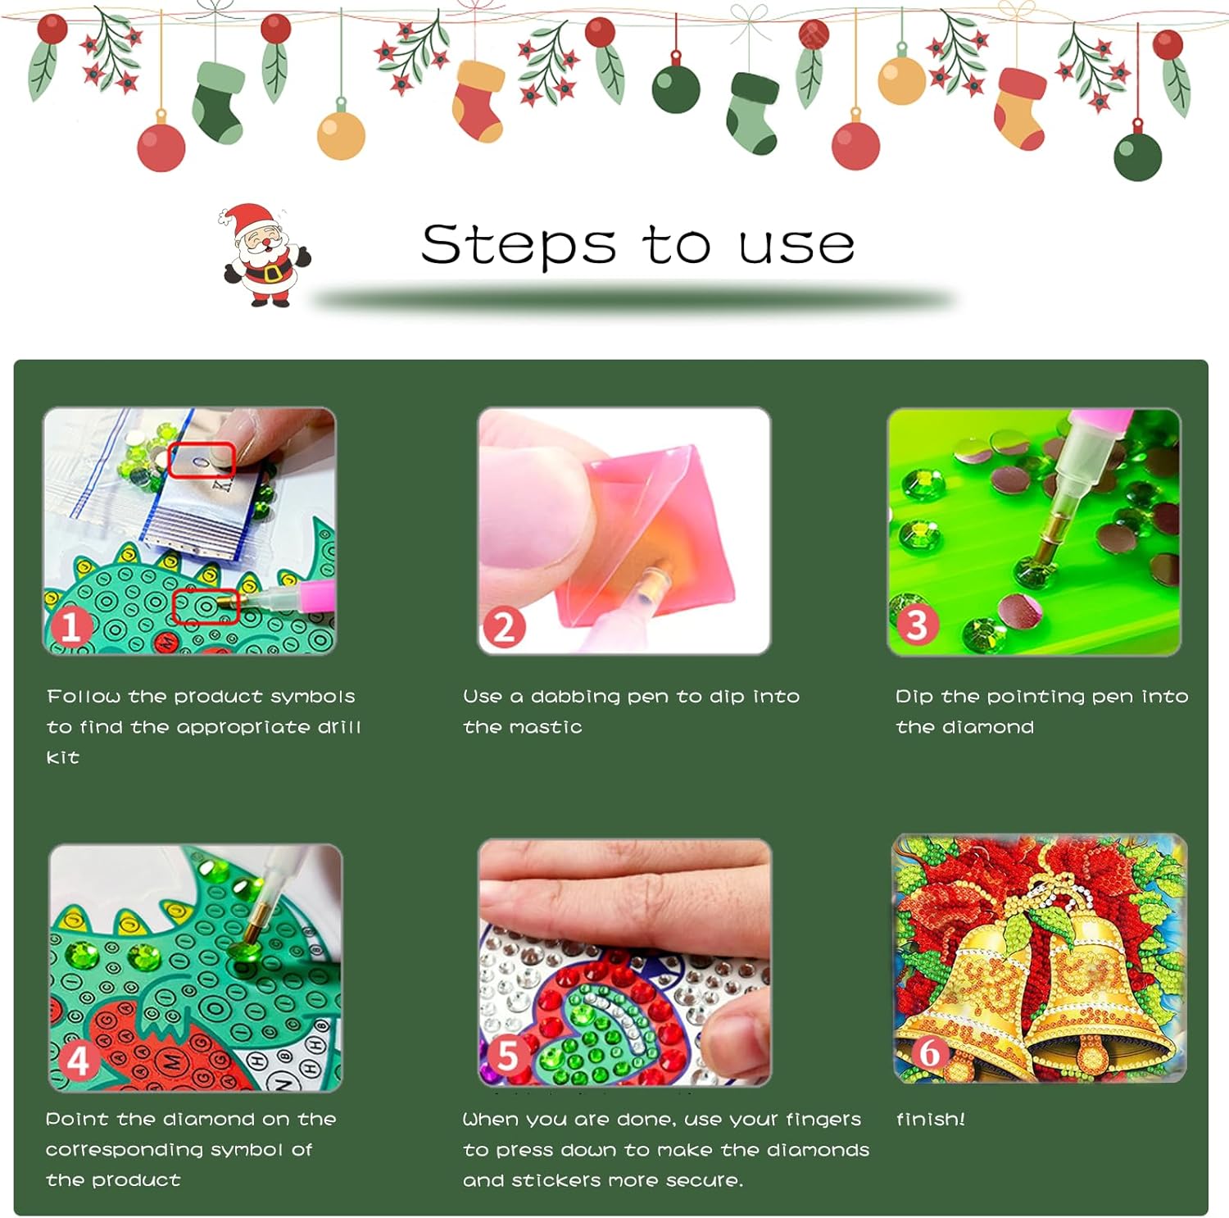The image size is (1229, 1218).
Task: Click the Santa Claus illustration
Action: pos(265,255)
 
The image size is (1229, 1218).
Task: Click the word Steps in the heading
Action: pos(519,245)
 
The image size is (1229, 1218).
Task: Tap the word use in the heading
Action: pos(796,246)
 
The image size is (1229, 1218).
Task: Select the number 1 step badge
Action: pos(70,627)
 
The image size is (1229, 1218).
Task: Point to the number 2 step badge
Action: pos(504,627)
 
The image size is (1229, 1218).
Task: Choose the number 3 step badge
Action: pos(917,625)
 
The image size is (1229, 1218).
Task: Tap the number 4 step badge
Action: pos(78,1061)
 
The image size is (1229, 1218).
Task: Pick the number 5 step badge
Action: pos(507,1055)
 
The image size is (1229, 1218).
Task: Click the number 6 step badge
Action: pos(928,1052)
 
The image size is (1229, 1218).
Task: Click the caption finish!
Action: pos(931,1119)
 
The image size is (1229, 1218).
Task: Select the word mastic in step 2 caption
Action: pos(552,727)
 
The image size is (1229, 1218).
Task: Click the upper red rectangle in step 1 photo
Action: pos(202,459)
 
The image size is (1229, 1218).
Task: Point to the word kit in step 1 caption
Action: pos(63,757)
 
